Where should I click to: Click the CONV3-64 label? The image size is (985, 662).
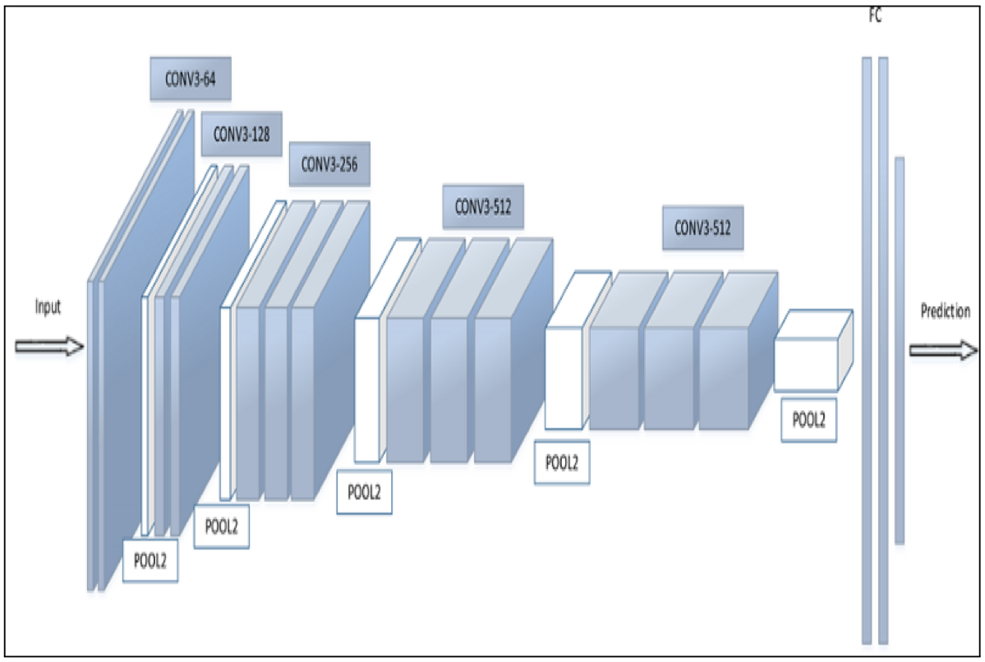click(x=190, y=80)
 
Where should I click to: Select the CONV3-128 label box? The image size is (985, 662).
click(x=242, y=133)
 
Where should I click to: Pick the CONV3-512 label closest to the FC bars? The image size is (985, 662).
click(x=702, y=228)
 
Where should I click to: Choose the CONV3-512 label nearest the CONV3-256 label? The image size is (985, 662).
click(x=483, y=206)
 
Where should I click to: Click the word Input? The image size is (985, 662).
click(x=48, y=307)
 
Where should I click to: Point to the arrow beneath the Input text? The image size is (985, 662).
click(x=49, y=347)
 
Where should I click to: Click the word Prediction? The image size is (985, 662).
click(x=945, y=311)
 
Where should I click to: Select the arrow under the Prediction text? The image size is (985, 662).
click(x=943, y=351)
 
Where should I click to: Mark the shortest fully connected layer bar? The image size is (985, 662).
click(x=900, y=349)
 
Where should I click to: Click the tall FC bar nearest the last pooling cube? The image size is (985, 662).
click(x=867, y=349)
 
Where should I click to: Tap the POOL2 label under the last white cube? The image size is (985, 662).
click(x=808, y=419)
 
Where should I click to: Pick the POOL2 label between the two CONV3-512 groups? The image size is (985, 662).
click(x=562, y=462)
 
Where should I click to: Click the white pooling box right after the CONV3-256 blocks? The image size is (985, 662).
click(x=368, y=389)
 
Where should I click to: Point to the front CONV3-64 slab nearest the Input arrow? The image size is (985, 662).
click(x=92, y=435)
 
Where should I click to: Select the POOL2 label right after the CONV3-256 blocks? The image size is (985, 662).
click(x=364, y=493)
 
